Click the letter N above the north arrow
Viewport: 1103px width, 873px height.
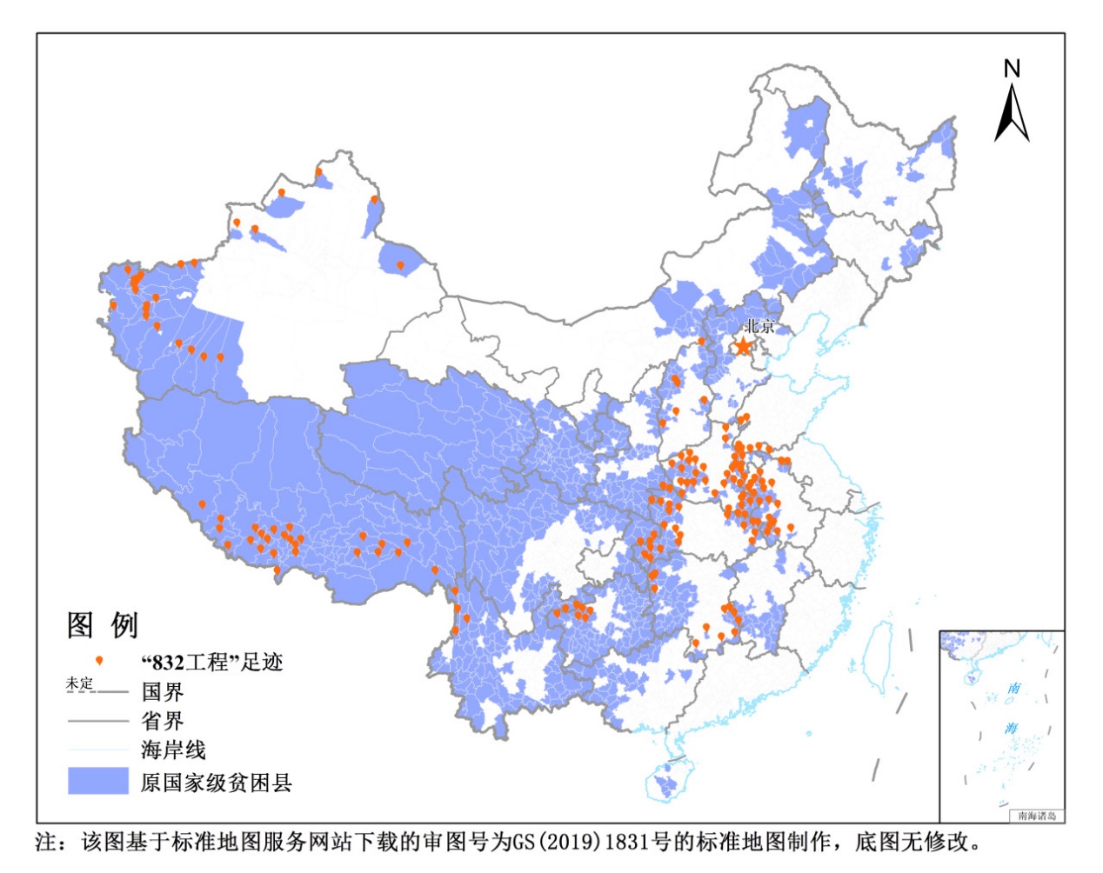pyautogui.click(x=1012, y=69)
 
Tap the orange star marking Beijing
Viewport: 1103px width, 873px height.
pyautogui.click(x=742, y=347)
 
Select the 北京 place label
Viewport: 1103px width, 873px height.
pyautogui.click(x=759, y=326)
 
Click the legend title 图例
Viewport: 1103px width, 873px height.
pyautogui.click(x=103, y=624)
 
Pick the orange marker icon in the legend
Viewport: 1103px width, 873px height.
pyautogui.click(x=99, y=662)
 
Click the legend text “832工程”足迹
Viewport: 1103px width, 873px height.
pyautogui.click(x=212, y=663)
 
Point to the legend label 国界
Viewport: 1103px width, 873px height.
pyautogui.click(x=163, y=692)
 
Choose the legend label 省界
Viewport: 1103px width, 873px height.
pyautogui.click(x=163, y=721)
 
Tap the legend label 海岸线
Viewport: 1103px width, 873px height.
pyautogui.click(x=173, y=750)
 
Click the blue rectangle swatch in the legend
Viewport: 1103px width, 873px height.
pyautogui.click(x=98, y=781)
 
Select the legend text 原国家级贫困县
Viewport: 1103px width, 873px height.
pyautogui.click(x=216, y=782)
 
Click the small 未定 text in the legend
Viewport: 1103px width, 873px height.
pyautogui.click(x=79, y=684)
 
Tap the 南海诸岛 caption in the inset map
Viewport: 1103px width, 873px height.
pyautogui.click(x=1036, y=816)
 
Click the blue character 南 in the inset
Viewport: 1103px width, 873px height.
pyautogui.click(x=1014, y=689)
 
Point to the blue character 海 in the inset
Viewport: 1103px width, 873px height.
pyautogui.click(x=1011, y=728)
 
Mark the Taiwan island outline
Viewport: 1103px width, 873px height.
pyautogui.click(x=880, y=654)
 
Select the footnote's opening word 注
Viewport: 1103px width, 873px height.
pyautogui.click(x=46, y=842)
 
